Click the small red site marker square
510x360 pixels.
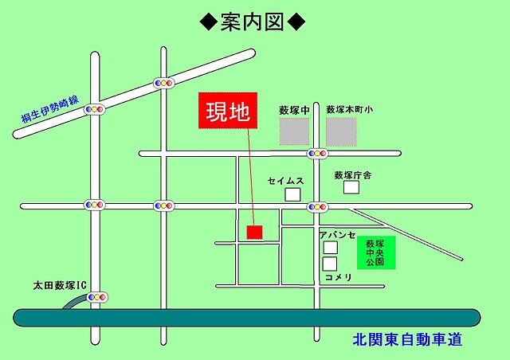tap(254, 232)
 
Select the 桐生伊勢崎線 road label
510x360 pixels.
tap(50, 110)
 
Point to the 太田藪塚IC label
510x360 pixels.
tap(59, 283)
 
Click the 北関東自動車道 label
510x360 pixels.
tap(407, 340)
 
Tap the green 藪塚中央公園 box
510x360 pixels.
tap(375, 252)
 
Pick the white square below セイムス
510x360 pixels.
tap(293, 194)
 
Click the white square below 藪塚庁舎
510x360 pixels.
tap(351, 188)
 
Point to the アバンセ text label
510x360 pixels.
tap(335, 235)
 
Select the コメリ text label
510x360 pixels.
tap(337, 277)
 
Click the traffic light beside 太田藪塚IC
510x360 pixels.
tap(97, 298)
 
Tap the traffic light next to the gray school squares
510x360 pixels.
tap(317, 152)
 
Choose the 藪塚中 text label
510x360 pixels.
tap(292, 109)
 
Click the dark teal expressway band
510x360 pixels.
tap(239, 318)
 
